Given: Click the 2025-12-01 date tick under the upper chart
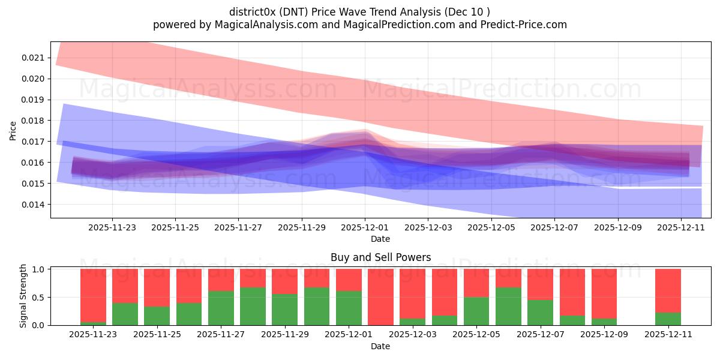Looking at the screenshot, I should coord(365,227).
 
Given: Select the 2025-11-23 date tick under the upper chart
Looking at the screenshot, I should coord(112,227).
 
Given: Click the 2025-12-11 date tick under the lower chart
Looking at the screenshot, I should coord(668,334).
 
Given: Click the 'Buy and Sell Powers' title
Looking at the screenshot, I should coord(380,257).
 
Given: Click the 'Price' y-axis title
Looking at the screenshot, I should coord(13,130).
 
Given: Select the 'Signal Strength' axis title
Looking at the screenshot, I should coord(23,296).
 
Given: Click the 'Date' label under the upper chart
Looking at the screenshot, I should coord(380,239).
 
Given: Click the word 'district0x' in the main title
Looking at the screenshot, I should coord(252,12).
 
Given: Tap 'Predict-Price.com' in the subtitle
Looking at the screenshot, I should coord(527,25).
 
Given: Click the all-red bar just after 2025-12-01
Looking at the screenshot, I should coord(380,297).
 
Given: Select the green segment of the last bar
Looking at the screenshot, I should coord(668,319).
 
